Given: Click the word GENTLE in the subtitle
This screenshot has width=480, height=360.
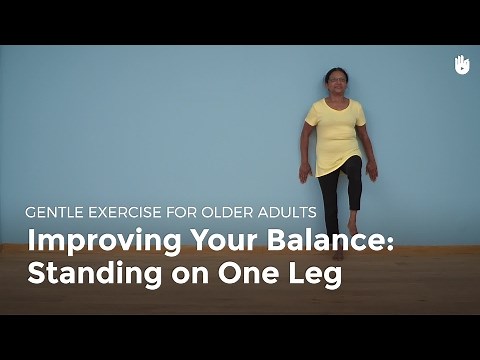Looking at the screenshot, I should click(58, 212).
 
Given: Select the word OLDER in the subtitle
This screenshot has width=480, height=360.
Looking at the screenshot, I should click(237, 212).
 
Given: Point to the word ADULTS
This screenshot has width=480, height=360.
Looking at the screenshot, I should click(292, 212).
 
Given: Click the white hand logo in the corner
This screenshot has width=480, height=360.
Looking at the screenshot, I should click(462, 64).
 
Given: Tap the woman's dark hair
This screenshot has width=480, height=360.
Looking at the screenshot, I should click(336, 72).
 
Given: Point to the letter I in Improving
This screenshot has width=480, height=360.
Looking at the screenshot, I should click(31, 243).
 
